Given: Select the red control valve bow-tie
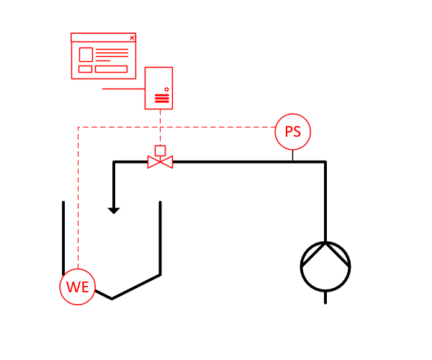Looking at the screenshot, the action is [x=161, y=162].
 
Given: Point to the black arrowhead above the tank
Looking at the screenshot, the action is [x=114, y=211].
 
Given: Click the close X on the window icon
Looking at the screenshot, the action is [x=132, y=37].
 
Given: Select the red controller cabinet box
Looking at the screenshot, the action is [x=145, y=88].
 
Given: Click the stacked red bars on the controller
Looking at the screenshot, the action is [x=162, y=99].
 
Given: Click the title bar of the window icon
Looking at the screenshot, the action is [x=103, y=37].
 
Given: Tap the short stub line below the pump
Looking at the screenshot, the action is [x=325, y=297].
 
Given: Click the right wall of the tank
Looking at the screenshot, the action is [x=160, y=238].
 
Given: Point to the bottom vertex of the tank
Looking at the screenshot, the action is [x=112, y=299].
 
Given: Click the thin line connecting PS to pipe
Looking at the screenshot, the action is [x=292, y=155].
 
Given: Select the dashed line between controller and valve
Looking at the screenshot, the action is [x=160, y=127].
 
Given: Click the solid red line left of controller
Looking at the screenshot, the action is [x=123, y=89].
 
